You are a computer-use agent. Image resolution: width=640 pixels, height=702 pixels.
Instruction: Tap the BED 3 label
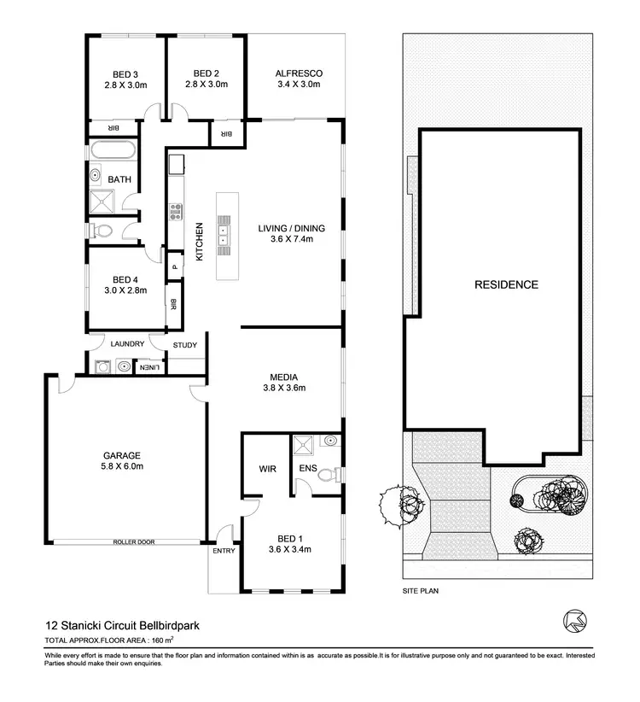point(125,73)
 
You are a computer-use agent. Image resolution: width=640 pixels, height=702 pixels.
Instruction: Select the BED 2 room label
point(207,73)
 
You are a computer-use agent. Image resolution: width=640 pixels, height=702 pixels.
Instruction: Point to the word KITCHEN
point(200,242)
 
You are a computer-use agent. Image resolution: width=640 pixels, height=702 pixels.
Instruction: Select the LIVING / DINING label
point(286,228)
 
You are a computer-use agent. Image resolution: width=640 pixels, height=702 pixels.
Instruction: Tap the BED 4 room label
point(125,279)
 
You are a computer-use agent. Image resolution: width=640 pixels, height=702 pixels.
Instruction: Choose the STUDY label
point(184,346)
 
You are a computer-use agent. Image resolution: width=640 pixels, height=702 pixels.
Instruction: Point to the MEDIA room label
point(282,376)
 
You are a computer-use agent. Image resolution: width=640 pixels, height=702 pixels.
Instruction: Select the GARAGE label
point(123,455)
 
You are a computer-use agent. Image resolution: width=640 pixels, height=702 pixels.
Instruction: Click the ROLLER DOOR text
point(133,541)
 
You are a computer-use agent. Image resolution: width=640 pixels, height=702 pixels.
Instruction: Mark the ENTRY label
point(223,551)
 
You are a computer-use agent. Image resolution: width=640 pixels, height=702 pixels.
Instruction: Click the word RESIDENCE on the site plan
point(506,284)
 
